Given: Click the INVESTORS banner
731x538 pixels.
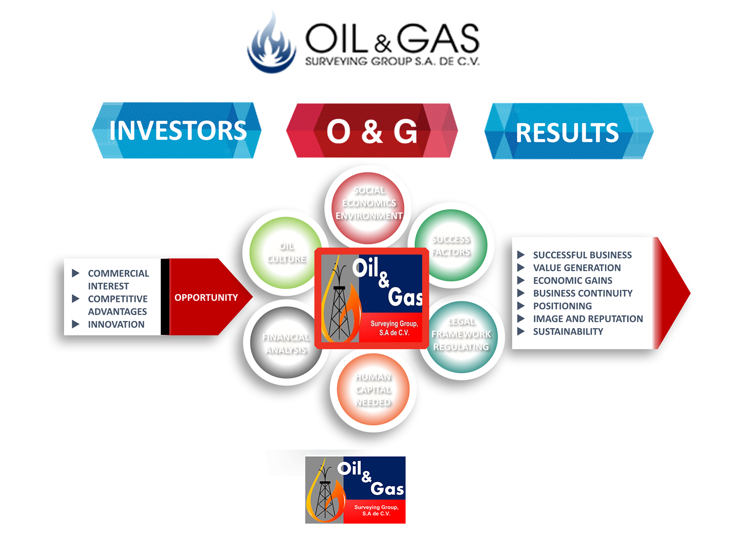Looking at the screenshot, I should pos(177,130).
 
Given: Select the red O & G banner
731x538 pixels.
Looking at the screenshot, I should pos(372,131).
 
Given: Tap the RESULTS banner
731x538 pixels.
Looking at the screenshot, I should pos(567,132).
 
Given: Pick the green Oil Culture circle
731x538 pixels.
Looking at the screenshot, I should pos(286,252).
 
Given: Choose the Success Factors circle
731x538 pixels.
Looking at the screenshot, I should pos(451,245).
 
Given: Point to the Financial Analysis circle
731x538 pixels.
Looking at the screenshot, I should pos(286,343).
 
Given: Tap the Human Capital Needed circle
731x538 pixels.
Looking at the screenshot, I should pos(373,389).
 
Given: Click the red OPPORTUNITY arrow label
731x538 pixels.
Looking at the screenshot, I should pos(206,298).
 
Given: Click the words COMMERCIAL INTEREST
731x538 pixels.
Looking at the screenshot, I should pos(118,280).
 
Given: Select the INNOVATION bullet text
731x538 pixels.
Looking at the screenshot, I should pos(116,324).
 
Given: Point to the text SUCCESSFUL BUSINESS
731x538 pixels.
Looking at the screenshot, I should pos(582,255).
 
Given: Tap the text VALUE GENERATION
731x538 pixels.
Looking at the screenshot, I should pos(577,268).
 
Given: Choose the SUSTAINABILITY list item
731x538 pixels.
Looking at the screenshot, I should pos(568,331).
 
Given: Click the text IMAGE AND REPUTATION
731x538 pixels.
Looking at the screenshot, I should pos(588,319).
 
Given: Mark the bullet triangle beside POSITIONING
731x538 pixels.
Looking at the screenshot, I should pos(521,306).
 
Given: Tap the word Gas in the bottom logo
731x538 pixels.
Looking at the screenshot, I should pos(387,489).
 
